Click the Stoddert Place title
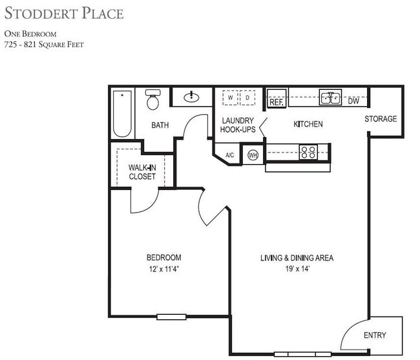pos(63,13)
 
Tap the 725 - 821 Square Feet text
pos(44,45)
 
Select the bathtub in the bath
pos(122,114)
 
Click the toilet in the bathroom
pos(153,101)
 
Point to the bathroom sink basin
pos(192,98)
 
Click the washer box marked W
pos(231,98)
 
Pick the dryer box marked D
pos(248,98)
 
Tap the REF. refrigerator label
pos(277,101)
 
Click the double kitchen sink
pos(331,98)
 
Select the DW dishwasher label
pos(353,101)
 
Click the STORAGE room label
pos(381,119)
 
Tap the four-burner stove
pos(308,153)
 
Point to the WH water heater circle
pos(253,155)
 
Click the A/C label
pos(229,155)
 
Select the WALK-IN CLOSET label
pos(142,172)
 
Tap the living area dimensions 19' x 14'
pos(297,269)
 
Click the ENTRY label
pos(375,335)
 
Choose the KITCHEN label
pos(308,124)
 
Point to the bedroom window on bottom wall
pos(172,317)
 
